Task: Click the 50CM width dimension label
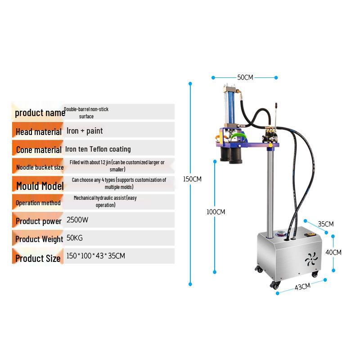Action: [245, 77]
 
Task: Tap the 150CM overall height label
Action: [192, 179]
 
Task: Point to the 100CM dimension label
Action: [216, 212]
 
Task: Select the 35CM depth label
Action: [325, 224]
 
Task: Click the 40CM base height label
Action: [333, 252]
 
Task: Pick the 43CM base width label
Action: [302, 286]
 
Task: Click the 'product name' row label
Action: [40, 112]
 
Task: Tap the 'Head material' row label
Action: [38, 132]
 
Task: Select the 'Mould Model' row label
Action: [40, 185]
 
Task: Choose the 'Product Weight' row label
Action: [39, 239]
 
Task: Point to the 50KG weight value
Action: [75, 238]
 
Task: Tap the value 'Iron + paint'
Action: [85, 131]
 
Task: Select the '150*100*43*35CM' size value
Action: [95, 256]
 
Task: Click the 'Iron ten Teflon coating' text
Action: [98, 149]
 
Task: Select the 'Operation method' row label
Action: [38, 203]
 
